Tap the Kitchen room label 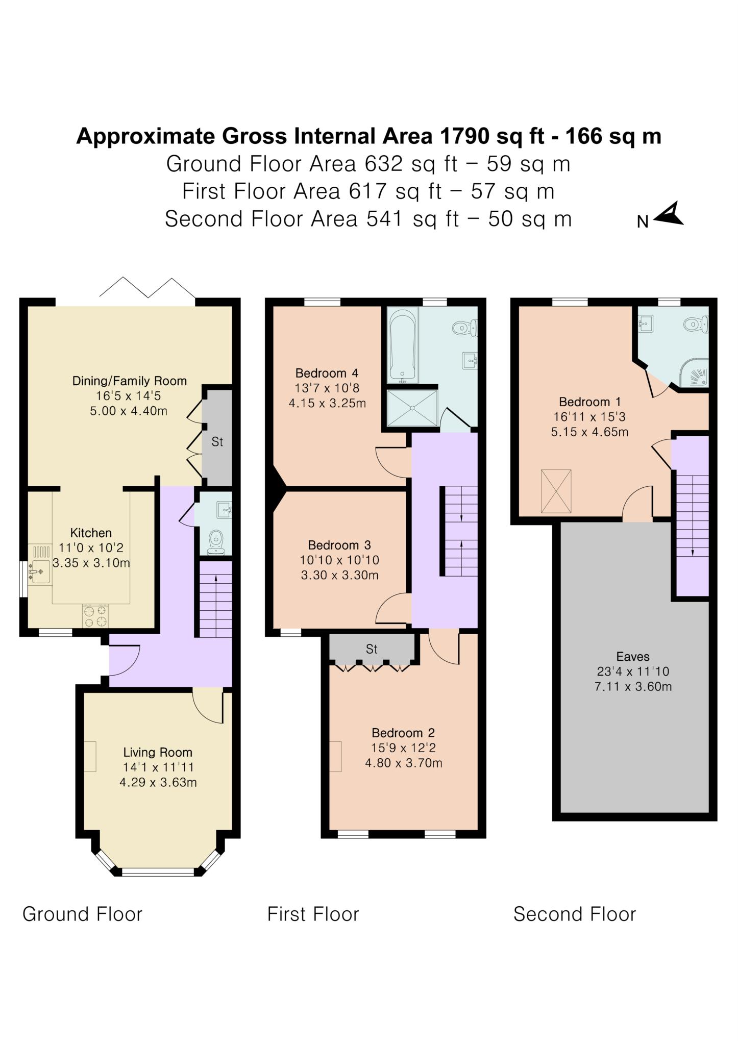(91, 533)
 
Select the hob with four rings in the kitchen (95, 615)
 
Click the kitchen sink (39, 571)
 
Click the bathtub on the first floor (403, 344)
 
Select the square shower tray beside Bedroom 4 (412, 408)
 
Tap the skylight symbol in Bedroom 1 (556, 491)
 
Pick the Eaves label (633, 656)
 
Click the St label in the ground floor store (217, 442)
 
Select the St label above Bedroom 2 (372, 649)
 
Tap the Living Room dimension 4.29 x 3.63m (158, 782)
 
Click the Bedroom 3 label (339, 545)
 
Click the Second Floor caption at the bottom (575, 914)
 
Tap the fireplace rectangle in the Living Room (90, 756)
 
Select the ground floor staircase (215, 600)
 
